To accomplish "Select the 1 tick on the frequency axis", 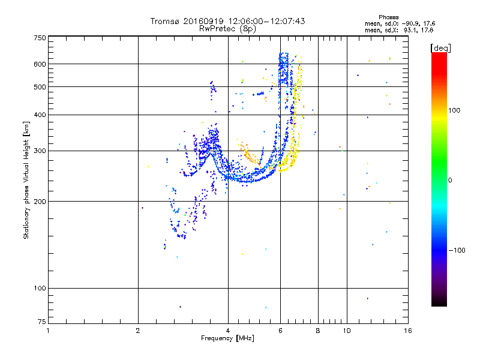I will (48, 331).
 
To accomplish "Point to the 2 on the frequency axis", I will (138, 331).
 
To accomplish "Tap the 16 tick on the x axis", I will (407, 331).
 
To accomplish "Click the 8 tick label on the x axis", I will (318, 331).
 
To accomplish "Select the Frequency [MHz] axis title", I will (227, 338).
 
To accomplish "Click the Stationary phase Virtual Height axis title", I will (26, 181).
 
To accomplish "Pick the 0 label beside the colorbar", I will (450, 179).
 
